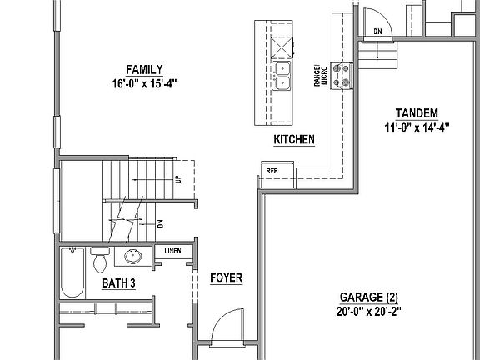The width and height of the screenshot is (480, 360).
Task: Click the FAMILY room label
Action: pos(144,69)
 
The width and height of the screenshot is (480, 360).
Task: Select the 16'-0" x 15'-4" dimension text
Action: pos(144,84)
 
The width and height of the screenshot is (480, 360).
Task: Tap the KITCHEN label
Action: pos(294,140)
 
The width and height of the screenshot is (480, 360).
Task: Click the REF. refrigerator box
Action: pos(272,170)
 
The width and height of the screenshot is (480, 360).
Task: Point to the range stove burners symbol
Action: pos(341,76)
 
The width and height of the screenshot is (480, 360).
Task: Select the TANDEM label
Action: pos(417,113)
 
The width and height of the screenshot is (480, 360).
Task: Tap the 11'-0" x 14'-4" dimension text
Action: pos(417,128)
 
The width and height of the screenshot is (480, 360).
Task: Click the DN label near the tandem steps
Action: pos(377,32)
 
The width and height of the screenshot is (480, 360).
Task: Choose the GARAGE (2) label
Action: pos(370,297)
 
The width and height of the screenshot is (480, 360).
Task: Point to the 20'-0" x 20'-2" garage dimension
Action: pos(370,312)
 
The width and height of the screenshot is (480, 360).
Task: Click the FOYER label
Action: pos(226,277)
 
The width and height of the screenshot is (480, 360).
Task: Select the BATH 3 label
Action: pos(118,283)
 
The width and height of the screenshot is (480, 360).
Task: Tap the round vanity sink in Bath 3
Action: pos(132,257)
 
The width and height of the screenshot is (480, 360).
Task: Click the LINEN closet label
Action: pos(172,250)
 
